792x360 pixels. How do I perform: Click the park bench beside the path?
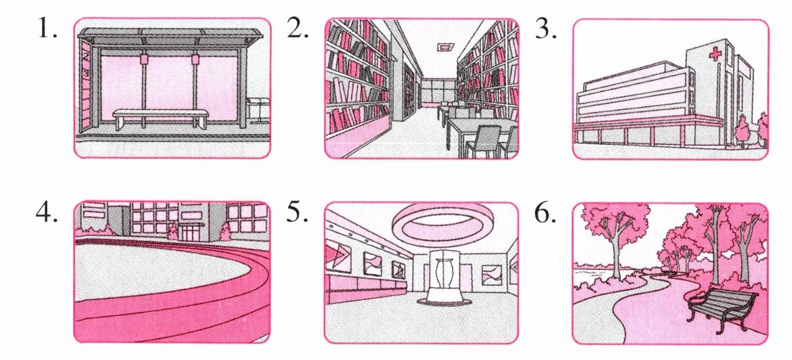[722, 309]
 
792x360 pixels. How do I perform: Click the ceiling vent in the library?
[445, 47]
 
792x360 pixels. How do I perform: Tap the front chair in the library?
[483, 141]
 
